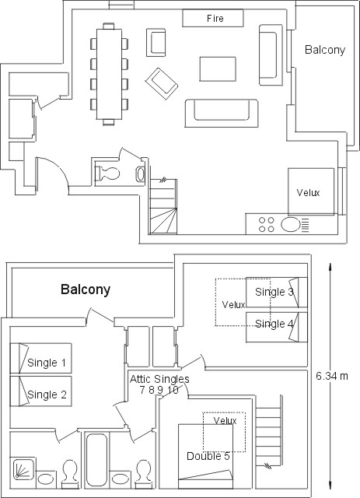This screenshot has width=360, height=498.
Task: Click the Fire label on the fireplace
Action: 215,19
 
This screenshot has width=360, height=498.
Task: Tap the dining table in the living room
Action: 109,74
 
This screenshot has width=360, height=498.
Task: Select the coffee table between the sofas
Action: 218,69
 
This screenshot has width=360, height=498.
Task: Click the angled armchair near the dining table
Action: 161,83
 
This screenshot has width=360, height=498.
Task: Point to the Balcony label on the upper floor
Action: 325,50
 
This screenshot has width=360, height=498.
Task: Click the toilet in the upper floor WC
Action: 108,174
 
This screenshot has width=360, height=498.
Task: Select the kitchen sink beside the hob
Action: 290,224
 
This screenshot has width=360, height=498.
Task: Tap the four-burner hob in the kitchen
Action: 267,224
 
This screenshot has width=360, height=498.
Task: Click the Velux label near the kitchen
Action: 308,192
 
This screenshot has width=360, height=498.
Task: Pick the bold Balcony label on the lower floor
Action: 86,289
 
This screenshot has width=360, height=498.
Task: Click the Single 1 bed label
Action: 47,363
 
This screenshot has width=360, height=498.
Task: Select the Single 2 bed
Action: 40,391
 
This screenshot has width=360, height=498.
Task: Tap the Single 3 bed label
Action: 274,292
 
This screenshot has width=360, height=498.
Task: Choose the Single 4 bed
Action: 277,327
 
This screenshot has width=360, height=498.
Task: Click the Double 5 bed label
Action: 208,456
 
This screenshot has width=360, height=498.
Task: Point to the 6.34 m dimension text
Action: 332,376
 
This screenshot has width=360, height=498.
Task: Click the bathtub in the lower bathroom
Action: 96,460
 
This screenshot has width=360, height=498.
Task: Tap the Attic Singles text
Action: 159,379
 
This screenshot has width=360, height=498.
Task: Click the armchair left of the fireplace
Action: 156,43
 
